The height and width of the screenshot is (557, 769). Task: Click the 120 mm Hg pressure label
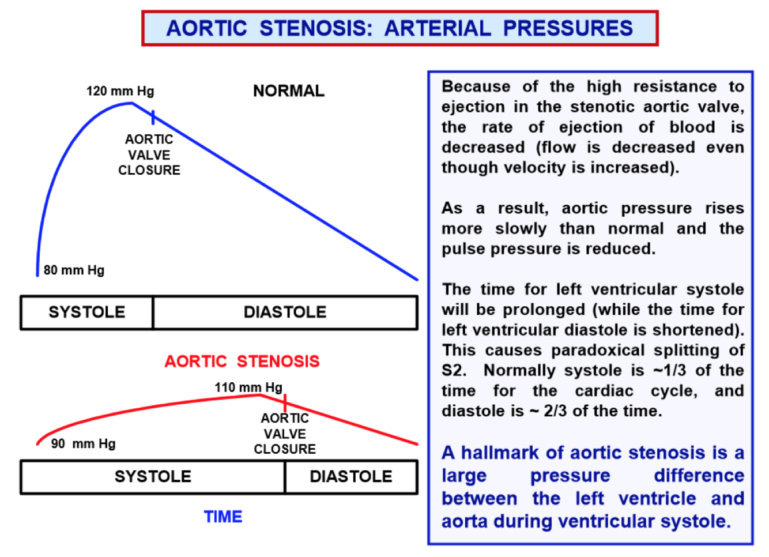[120, 91]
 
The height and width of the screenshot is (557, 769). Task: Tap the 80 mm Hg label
[74, 270]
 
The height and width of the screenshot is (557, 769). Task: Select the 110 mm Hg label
[248, 387]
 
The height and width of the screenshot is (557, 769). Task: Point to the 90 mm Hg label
[83, 443]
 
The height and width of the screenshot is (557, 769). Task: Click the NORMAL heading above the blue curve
[289, 91]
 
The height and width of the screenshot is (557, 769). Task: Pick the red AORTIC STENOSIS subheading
[242, 362]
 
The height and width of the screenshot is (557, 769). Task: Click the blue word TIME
[223, 517]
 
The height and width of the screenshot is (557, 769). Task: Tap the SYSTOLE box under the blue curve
[87, 313]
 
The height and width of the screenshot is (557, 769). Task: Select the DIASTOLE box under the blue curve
[285, 313]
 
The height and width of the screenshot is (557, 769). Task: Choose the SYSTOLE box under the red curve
[153, 477]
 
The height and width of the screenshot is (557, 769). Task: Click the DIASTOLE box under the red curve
[350, 477]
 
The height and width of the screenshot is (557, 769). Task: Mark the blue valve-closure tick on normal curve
[153, 117]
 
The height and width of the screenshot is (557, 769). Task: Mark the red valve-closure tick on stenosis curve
[285, 402]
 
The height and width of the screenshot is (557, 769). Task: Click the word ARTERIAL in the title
[438, 28]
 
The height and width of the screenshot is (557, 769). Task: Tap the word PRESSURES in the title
[568, 28]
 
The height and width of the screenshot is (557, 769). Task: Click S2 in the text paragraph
[454, 371]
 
